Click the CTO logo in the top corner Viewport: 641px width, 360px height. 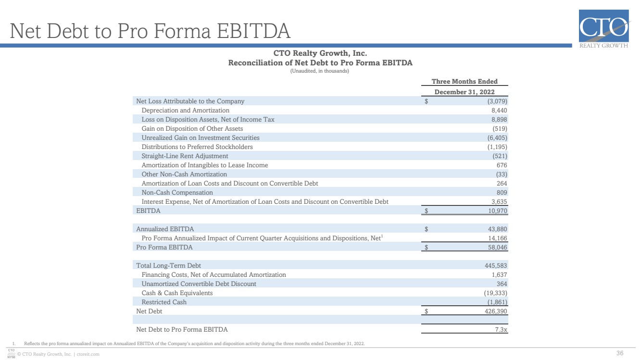tap(604, 28)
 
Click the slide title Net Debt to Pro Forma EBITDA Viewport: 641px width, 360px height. tap(150, 31)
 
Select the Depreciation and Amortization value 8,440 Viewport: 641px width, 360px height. tap(499, 111)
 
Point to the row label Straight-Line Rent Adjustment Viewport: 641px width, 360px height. tap(185, 156)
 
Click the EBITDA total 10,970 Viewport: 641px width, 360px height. tap(497, 211)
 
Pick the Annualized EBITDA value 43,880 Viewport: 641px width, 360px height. tap(497, 229)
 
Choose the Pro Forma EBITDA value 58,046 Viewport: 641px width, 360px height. tap(497, 248)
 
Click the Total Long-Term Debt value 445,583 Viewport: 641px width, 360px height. tap(496, 266)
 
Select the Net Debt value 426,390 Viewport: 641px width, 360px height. tap(496, 311)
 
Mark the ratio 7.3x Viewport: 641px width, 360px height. tap(501, 329)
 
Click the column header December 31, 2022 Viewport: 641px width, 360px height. tap(465, 92)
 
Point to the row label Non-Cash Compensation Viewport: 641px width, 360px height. tap(177, 192)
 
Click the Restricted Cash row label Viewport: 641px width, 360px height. tap(164, 302)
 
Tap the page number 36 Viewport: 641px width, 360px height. tap(620, 353)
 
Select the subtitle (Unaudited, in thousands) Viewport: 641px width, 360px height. tap(320, 71)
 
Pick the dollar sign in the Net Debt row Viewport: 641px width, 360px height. tap(426, 311)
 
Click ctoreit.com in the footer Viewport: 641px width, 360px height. tap(88, 354)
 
